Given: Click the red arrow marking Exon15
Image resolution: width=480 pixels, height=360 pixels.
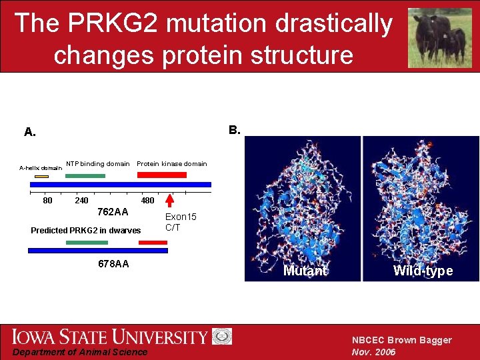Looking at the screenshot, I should tap(170, 201).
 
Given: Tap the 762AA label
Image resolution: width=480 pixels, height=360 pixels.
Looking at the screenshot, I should tap(113, 212).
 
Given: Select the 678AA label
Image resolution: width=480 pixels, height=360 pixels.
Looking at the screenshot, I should tap(113, 264).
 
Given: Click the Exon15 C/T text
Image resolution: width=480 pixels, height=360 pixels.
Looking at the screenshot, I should tap(181, 222).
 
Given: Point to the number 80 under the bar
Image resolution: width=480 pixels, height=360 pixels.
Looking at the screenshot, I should tap(47, 200).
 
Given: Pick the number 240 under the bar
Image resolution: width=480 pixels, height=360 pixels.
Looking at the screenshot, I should tap(81, 200).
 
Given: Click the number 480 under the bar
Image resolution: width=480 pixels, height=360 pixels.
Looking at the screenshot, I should tap(147, 200).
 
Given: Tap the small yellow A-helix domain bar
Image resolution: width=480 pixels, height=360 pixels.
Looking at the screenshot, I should tap(41, 176).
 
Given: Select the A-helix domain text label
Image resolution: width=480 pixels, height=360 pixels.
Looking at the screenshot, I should tap(40, 169).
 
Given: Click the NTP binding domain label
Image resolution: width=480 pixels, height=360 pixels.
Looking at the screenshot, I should tap(97, 164).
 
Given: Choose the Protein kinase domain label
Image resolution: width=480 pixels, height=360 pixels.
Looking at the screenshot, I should tap(171, 164).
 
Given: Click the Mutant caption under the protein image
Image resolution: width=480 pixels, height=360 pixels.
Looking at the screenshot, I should tap(305, 271).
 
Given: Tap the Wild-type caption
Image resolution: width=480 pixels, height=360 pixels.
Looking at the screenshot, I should tap(423, 271).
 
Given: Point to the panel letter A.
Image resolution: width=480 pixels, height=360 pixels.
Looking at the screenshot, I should tap(30, 132).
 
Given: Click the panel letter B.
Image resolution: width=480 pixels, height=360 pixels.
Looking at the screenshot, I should tap(234, 129).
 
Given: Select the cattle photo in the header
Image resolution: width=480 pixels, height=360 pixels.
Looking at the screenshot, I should tap(439, 37).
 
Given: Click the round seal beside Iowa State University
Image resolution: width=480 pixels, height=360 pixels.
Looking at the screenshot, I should tap(222, 336).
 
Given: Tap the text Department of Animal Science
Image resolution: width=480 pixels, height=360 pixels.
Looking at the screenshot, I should tap(79, 352).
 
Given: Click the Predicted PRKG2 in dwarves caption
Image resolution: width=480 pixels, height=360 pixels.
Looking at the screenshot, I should tap(86, 231).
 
